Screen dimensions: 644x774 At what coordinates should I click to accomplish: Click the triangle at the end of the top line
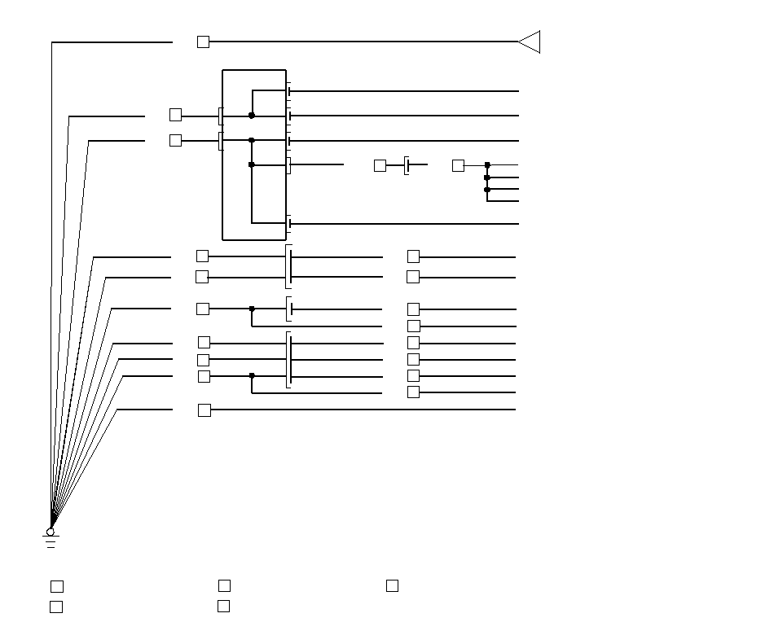530,42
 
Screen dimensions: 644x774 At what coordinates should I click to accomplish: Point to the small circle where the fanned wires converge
50,531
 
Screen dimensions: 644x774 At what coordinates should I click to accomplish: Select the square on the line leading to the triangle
203,42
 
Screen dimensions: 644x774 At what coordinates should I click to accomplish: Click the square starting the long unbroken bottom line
204,410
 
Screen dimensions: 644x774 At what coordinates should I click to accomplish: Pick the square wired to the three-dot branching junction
458,165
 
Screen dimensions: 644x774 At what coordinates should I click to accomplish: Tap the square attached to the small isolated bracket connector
380,165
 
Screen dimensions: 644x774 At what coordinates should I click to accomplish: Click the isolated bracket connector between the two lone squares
407,165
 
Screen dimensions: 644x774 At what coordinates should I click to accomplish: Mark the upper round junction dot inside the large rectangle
252,116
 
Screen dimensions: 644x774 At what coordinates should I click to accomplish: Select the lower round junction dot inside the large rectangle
252,140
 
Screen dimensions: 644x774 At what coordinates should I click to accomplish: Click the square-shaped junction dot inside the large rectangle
251,164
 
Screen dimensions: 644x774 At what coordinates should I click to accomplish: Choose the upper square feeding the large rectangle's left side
175,115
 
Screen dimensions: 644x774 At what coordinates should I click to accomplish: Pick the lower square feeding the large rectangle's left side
175,140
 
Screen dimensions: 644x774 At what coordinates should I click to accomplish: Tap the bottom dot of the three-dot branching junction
487,190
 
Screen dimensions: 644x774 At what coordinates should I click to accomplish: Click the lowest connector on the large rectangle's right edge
288,223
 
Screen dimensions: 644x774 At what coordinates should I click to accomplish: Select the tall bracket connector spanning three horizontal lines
289,360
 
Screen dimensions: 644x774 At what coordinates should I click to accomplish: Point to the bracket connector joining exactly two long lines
289,266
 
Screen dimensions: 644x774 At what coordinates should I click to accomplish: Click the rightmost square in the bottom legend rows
392,585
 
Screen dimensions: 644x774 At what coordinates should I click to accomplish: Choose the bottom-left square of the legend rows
56,607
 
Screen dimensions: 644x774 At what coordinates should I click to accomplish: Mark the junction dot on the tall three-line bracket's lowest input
252,376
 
